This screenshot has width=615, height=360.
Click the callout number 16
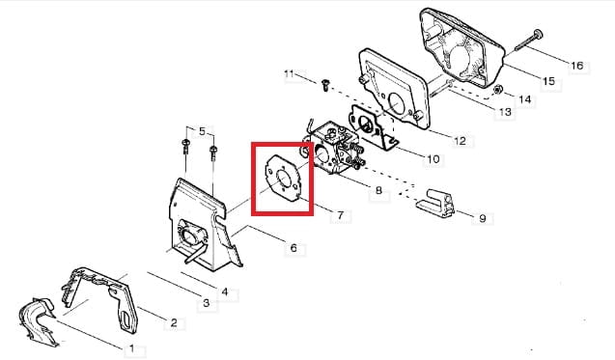[577, 66]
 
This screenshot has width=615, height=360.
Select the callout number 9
[483, 218]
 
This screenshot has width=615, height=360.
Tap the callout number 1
[131, 348]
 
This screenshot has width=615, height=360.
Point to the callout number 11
[289, 73]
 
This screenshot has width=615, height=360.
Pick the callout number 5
[202, 131]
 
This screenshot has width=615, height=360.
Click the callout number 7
[340, 215]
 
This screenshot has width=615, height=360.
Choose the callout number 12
[460, 140]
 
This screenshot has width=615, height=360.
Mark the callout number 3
[207, 303]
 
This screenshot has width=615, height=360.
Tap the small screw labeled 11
[325, 85]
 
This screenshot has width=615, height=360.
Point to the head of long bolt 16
[538, 35]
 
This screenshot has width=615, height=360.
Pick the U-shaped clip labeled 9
[435, 204]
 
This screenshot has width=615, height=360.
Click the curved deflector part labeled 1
[38, 321]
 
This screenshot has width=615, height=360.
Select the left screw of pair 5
[184, 146]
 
